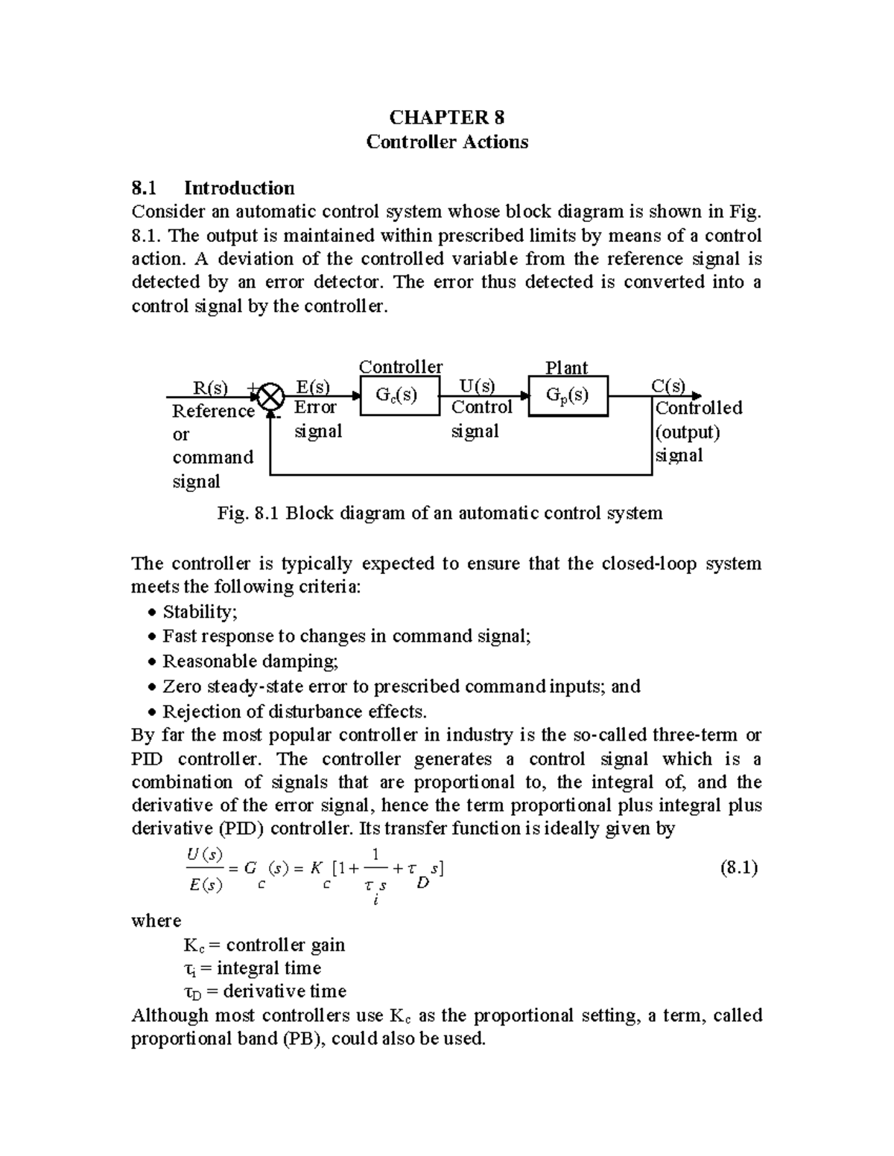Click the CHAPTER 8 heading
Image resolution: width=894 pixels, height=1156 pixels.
point(447,118)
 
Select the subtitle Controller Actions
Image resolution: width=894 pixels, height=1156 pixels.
point(447,142)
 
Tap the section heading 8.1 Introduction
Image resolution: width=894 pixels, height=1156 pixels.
point(213,188)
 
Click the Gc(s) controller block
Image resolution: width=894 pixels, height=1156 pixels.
point(399,395)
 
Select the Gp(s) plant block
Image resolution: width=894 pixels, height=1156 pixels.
point(568,395)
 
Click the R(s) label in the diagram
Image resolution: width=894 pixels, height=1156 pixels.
point(210,388)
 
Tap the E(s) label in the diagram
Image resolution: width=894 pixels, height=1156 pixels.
point(312,386)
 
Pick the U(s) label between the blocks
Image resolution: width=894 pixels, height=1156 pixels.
point(476,386)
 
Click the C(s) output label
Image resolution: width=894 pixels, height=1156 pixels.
point(668,386)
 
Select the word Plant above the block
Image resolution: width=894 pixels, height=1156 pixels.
point(566,368)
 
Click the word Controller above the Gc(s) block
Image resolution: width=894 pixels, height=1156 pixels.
point(401,367)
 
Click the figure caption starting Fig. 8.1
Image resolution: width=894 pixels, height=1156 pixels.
point(440,513)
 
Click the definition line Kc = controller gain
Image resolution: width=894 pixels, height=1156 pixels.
point(264,945)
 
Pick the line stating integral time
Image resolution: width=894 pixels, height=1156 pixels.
point(252,968)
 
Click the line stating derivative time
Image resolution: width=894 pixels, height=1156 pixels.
point(264,991)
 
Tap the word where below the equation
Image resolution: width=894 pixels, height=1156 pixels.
point(156,921)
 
